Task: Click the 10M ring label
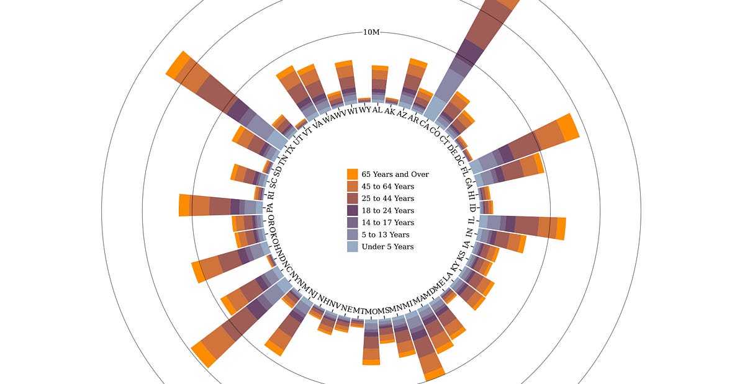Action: (x=371, y=32)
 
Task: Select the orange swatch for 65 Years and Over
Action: (x=353, y=174)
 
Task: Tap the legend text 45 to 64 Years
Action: (x=387, y=186)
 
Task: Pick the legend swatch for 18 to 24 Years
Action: (x=353, y=210)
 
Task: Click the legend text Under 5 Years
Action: (x=387, y=246)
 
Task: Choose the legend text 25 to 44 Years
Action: (x=387, y=199)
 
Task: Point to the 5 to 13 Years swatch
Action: (x=353, y=234)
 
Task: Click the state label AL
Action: (x=377, y=109)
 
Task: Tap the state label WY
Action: (x=365, y=110)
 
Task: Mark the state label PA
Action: (x=270, y=207)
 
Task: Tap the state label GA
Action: (x=469, y=183)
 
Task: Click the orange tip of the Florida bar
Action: (x=568, y=128)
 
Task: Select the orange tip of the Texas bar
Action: (x=177, y=65)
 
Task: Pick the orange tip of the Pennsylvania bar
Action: (x=184, y=205)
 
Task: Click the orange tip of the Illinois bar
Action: (x=561, y=228)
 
